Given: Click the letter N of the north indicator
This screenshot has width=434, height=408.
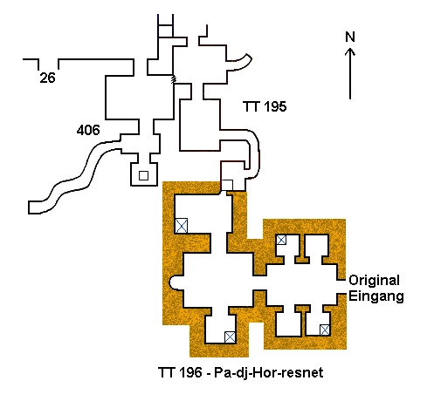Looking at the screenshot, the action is pos(350,37).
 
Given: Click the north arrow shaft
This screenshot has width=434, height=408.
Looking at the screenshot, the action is pos(350,74).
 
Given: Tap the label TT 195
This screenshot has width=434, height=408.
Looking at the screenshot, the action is pos(265,106).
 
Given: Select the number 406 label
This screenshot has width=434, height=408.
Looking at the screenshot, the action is pos(88,130).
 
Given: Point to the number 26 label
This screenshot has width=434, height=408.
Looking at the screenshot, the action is pos(47,78).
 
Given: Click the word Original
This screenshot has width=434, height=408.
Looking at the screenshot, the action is pos(374,281).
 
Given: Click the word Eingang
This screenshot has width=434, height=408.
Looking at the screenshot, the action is pos(376,296).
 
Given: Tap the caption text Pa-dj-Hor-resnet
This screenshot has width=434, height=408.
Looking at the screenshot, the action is pos(269,372).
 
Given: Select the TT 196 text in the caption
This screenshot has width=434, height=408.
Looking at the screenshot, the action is pos(180,372).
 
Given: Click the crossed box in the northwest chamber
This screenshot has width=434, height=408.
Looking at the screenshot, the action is pos(182,226).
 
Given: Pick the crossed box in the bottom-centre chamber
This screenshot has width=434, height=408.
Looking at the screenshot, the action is pos(230,337).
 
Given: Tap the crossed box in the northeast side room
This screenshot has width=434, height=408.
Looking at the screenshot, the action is pos(281,240).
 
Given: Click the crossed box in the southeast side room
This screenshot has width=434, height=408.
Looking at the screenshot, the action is pos(325,330).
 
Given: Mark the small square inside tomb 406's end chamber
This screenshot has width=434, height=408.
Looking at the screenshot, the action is pos(143,176).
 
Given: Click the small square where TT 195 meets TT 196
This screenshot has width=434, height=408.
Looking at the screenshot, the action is pos(227,185).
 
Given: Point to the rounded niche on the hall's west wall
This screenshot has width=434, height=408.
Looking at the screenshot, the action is pos(175,282).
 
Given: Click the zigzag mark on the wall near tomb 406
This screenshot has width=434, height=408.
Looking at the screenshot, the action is pos(173,79).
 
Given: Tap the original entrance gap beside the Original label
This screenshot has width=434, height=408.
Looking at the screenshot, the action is pos(341,287).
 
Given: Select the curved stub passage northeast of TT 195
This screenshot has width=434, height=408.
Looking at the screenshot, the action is pos(239,63).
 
